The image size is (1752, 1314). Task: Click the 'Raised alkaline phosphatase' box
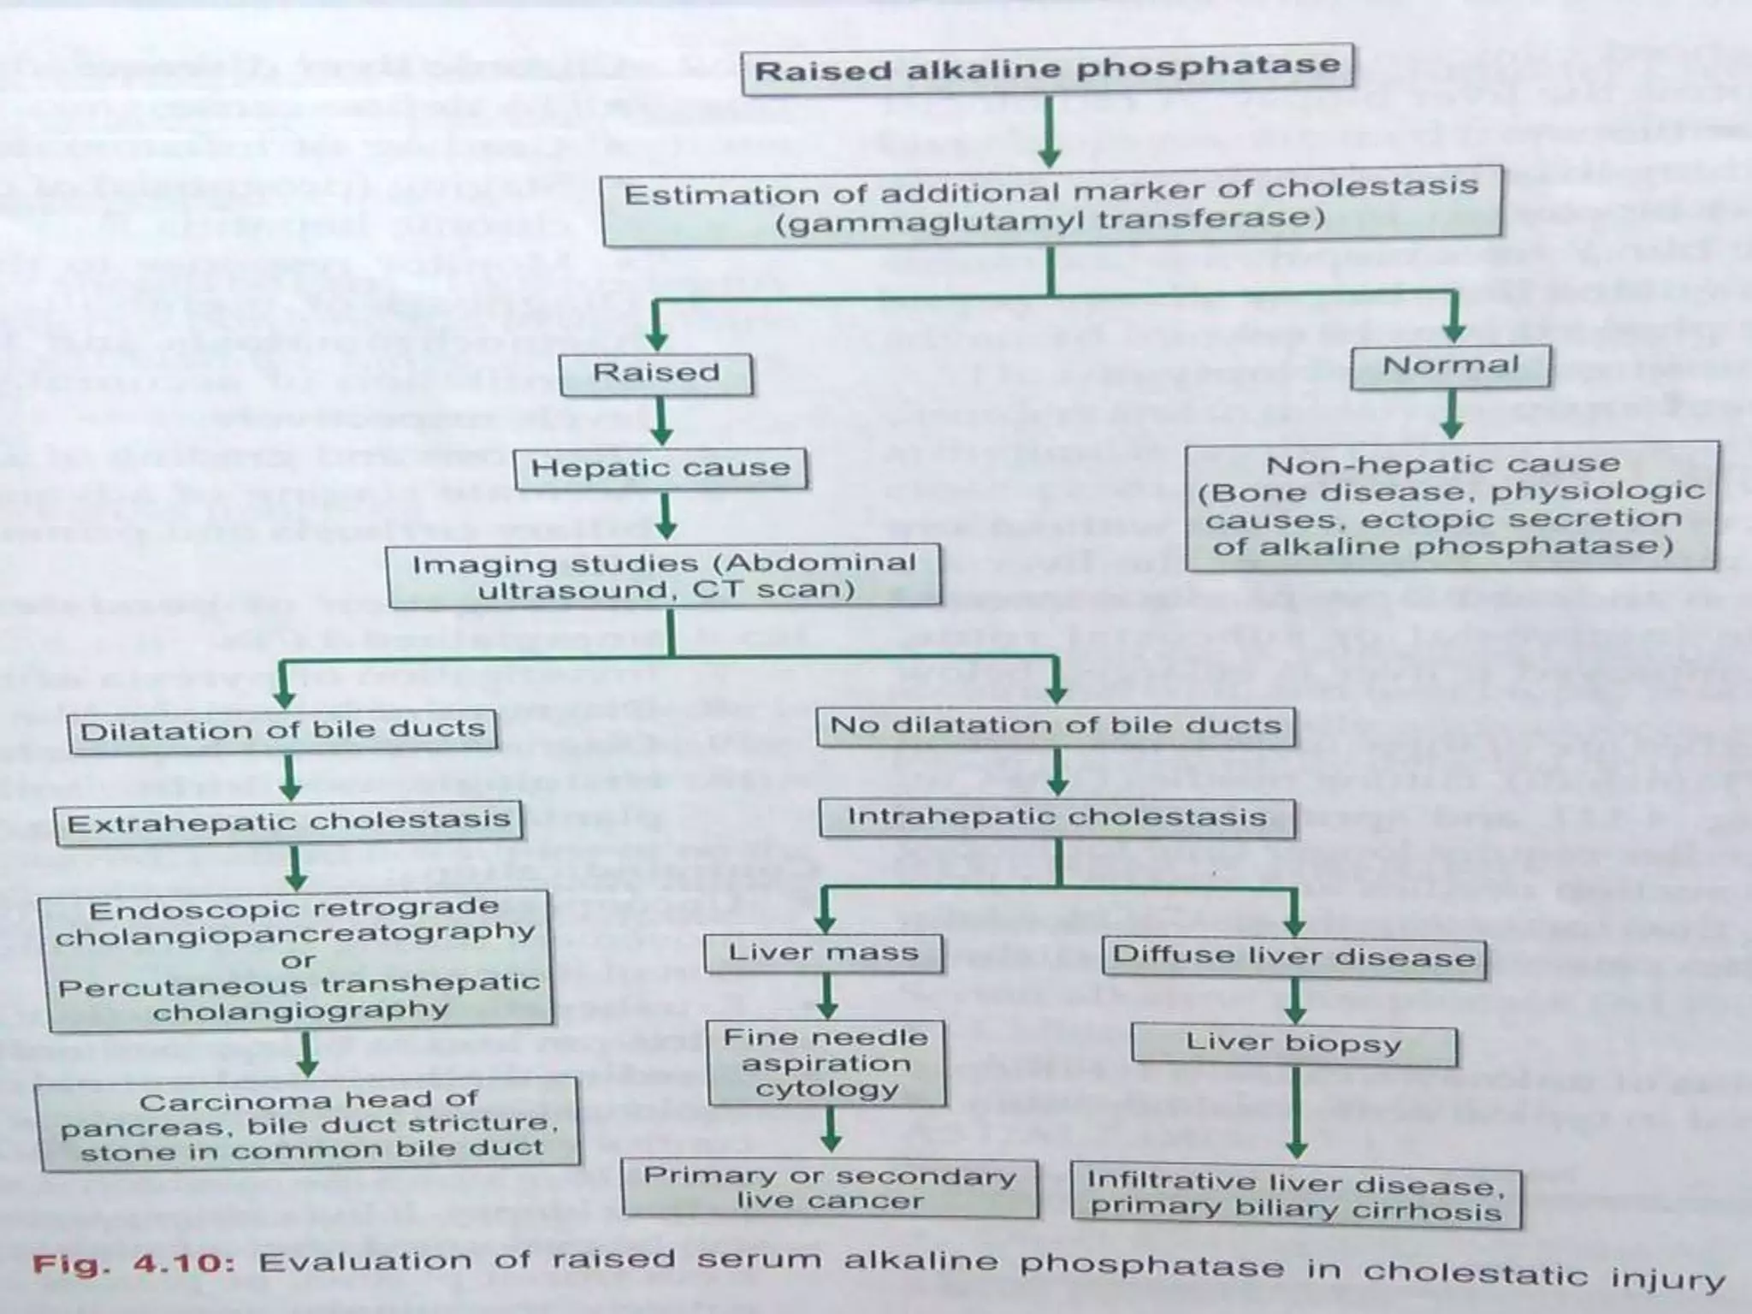(x=1047, y=68)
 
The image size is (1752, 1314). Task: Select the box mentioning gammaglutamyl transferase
(x=1051, y=205)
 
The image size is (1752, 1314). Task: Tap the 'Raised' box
(x=656, y=374)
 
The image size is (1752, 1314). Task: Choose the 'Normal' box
(x=1451, y=366)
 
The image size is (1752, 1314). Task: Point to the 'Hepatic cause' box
(x=660, y=468)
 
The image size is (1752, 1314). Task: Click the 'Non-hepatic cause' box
(x=1451, y=505)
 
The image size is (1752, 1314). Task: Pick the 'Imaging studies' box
(x=664, y=576)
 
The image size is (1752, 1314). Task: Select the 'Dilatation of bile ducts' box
(x=282, y=731)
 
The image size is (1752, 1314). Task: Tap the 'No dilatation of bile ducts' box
(x=1056, y=726)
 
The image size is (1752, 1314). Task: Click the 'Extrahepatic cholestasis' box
(x=288, y=822)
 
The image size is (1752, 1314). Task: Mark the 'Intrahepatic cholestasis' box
(x=1057, y=817)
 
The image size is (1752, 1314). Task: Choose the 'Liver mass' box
(x=823, y=953)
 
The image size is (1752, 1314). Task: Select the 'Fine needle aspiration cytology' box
(x=826, y=1062)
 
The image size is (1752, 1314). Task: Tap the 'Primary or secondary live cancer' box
(x=830, y=1187)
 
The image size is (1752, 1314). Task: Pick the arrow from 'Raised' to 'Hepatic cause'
(x=660, y=421)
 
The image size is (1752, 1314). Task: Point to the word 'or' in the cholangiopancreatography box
(x=297, y=960)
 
